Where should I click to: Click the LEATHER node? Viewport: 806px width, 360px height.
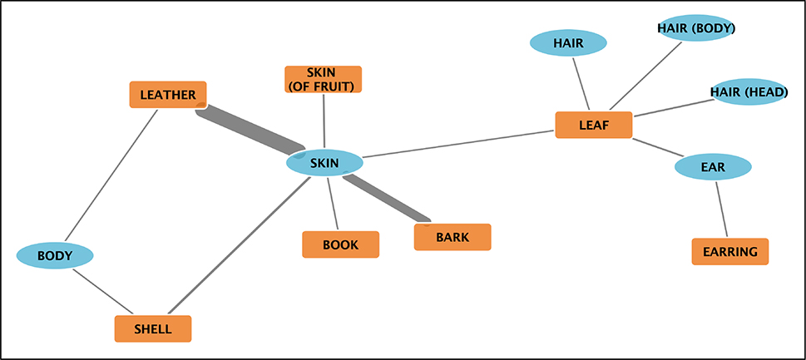pos(168,95)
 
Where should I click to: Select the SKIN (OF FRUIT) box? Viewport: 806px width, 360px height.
pos(324,79)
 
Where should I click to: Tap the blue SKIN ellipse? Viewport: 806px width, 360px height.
pos(324,163)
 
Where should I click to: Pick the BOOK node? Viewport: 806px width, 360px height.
pos(340,244)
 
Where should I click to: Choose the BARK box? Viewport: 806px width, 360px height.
pos(452,237)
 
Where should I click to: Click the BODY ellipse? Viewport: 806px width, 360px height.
pos(55,255)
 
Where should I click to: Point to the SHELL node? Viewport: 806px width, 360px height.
pos(153,328)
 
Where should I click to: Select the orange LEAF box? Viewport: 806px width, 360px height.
pos(594,125)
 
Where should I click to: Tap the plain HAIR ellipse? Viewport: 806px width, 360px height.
pos(568,42)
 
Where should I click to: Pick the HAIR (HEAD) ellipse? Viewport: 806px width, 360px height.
pos(749,91)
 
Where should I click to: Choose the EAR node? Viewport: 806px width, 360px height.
pos(713,167)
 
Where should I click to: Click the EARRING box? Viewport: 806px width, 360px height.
pos(729,251)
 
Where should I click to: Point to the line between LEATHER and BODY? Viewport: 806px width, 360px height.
pos(113,173)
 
